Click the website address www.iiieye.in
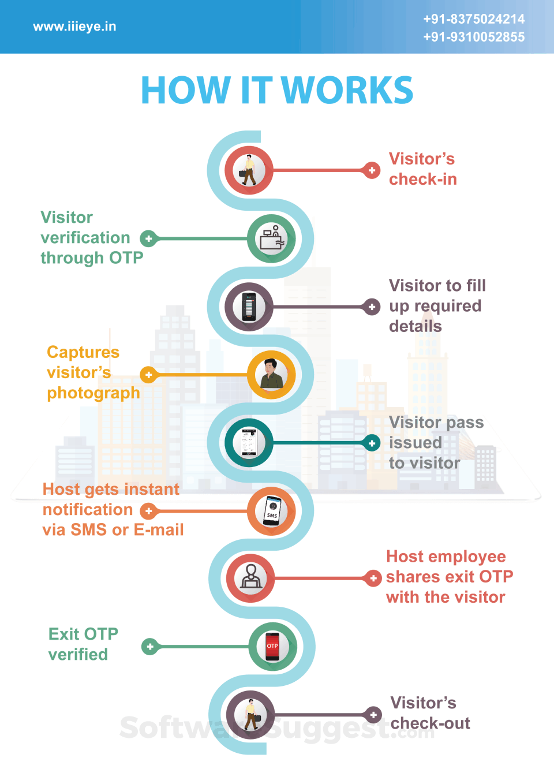[x=74, y=27]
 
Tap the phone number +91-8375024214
[x=474, y=19]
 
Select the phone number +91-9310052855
[x=474, y=37]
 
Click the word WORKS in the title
[x=347, y=91]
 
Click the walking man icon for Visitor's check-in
[x=249, y=170]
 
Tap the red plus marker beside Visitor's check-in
[x=372, y=170]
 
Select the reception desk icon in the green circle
[x=272, y=238]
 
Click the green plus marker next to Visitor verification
[x=149, y=238]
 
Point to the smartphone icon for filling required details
[x=249, y=307]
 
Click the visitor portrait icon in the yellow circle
[x=271, y=375]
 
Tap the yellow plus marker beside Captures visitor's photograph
[x=149, y=375]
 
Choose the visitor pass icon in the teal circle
[x=249, y=443]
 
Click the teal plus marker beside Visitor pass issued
[x=372, y=443]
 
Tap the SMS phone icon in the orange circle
[x=272, y=511]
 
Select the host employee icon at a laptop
[x=250, y=578]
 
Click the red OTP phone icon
[x=272, y=647]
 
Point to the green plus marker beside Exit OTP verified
[x=150, y=647]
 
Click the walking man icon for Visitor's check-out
[x=250, y=715]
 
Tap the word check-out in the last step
[x=430, y=723]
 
